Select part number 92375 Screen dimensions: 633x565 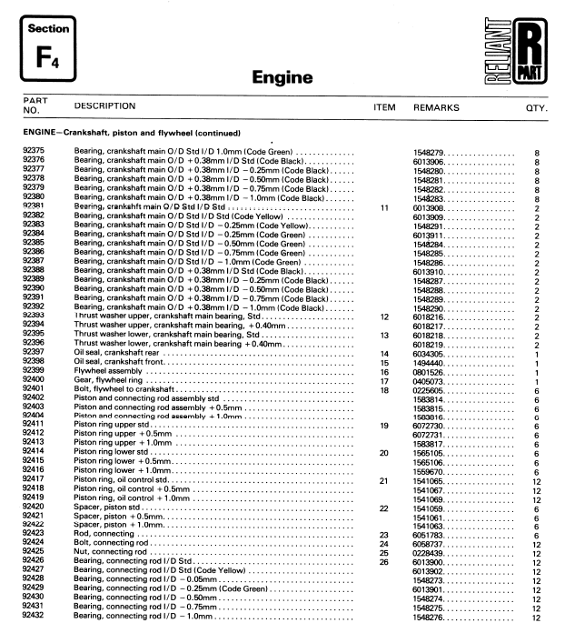coord(31,151)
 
